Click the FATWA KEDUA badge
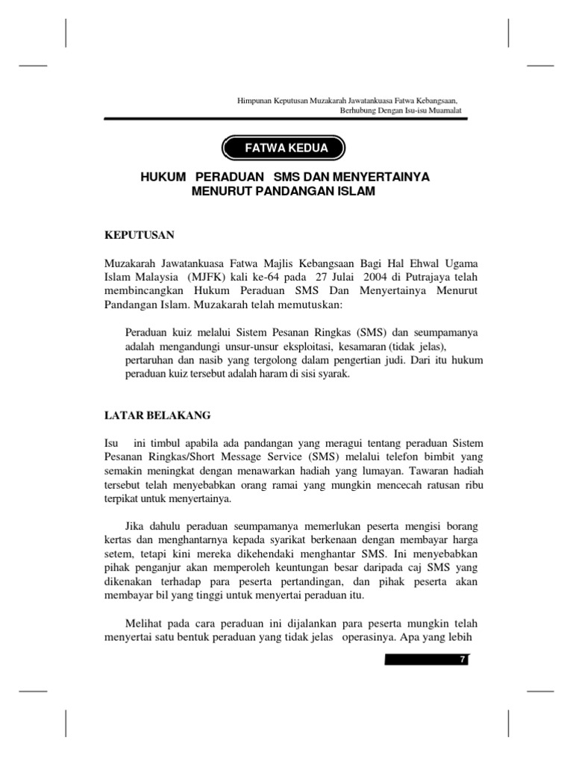[x=286, y=148]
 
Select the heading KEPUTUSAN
[x=139, y=235]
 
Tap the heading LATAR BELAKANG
[x=157, y=414]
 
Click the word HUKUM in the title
[x=161, y=178]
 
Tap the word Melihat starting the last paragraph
[x=143, y=623]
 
